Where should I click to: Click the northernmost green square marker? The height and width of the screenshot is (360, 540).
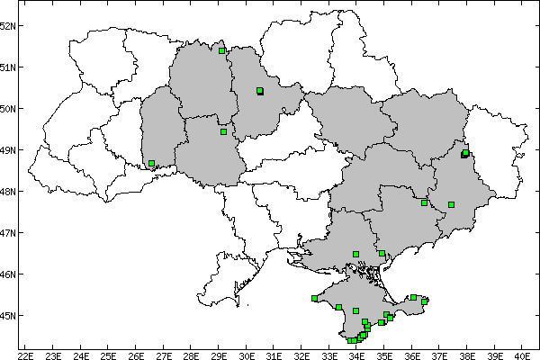pyautogui.click(x=221, y=50)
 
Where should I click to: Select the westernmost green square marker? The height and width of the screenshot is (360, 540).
pyautogui.click(x=151, y=164)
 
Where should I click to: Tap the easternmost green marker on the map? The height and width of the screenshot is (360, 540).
pyautogui.click(x=465, y=153)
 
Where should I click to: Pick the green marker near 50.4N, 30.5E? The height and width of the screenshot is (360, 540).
pyautogui.click(x=259, y=91)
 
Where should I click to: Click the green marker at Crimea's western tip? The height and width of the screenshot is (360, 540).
pyautogui.click(x=315, y=298)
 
